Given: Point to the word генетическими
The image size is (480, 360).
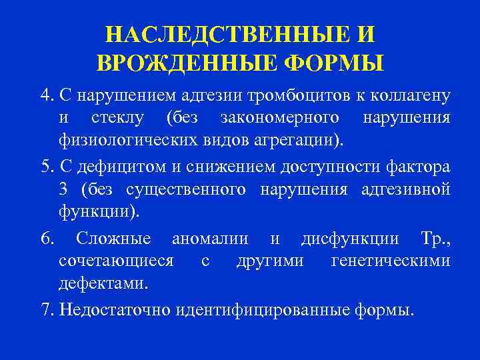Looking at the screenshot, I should tap(389, 262).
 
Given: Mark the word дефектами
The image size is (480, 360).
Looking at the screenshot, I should tap(103, 285).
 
